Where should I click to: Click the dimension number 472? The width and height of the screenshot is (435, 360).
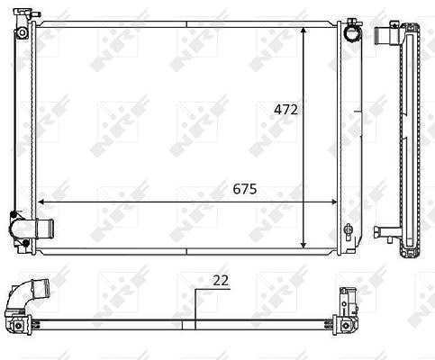(285, 110)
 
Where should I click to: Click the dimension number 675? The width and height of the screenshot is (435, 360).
(245, 189)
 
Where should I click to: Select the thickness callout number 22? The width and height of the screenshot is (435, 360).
(221, 281)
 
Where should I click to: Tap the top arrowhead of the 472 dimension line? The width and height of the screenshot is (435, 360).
(304, 31)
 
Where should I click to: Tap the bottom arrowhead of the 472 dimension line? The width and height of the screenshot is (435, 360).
(304, 245)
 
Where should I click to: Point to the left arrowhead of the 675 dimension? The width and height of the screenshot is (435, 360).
(41, 202)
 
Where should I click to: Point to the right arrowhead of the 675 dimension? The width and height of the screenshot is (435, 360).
(333, 202)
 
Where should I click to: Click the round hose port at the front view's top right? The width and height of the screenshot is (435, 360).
(352, 33)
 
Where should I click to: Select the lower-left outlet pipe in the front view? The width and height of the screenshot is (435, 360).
(44, 229)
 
